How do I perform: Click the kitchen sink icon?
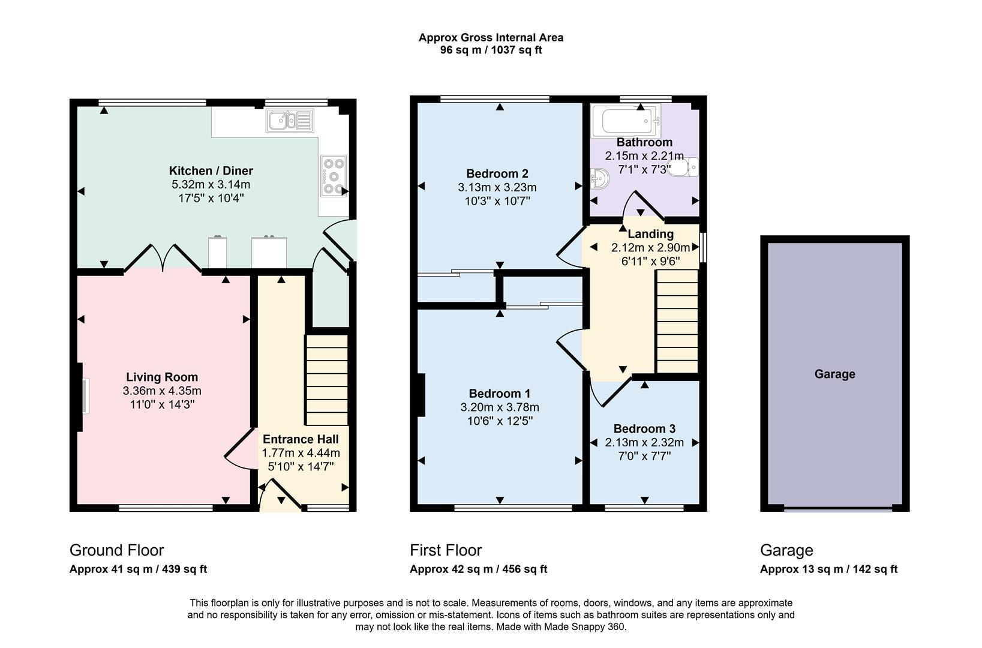290,120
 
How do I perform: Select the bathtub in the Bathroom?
626,121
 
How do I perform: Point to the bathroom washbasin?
600,178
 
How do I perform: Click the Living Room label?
161,377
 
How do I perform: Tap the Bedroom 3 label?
644,428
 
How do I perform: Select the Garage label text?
834,374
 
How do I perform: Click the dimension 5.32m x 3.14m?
211,184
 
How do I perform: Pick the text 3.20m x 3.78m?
500,407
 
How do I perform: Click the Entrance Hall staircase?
327,380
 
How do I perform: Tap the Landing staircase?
677,322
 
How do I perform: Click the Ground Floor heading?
116,550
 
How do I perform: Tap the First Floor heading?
446,550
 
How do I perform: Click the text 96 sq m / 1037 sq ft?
491,50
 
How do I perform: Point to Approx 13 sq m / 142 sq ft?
828,569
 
